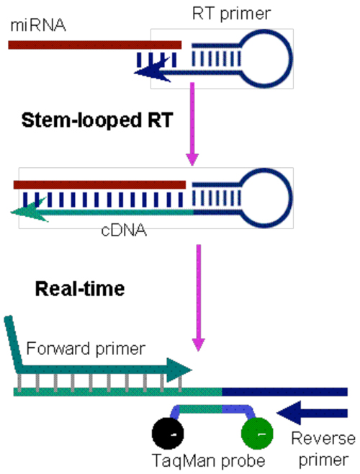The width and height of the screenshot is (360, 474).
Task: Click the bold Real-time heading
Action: point(80,290)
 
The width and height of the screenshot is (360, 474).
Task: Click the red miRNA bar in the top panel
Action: point(94,44)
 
